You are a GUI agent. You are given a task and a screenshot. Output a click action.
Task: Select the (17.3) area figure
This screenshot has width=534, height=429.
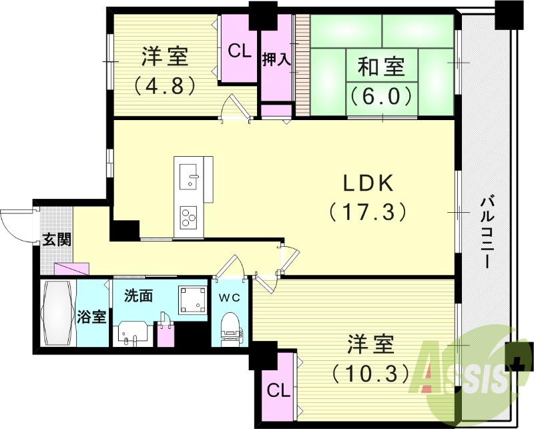[366, 212]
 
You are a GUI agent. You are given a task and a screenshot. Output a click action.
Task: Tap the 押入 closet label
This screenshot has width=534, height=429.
[276, 59]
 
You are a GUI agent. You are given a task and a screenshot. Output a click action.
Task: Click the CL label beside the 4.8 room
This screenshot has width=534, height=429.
[239, 51]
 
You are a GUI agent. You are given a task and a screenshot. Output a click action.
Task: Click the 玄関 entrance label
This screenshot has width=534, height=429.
[57, 240]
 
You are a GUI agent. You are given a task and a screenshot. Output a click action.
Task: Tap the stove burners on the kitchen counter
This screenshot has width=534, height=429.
[189, 216]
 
